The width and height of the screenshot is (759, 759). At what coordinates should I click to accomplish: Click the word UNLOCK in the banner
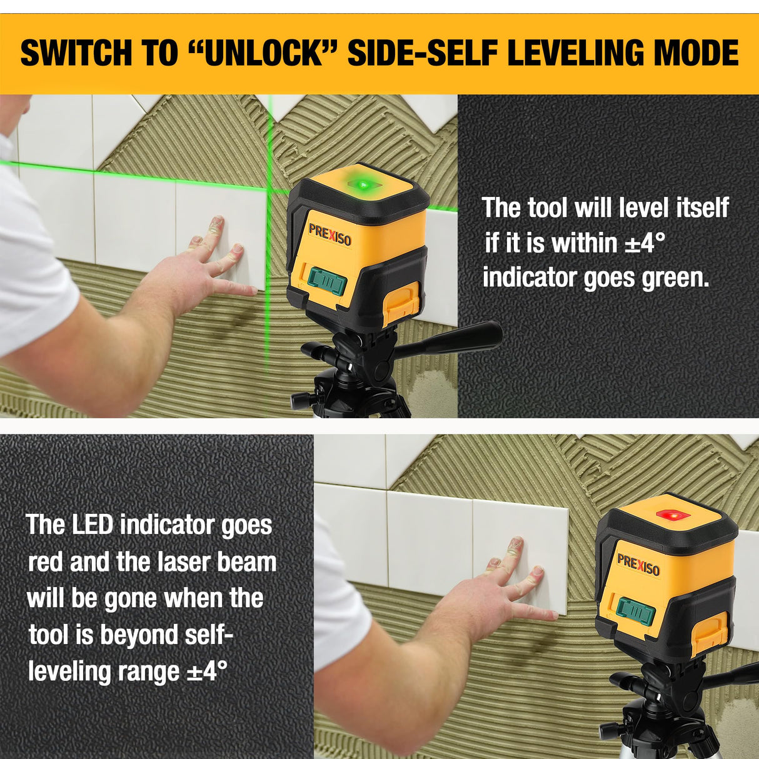click(263, 53)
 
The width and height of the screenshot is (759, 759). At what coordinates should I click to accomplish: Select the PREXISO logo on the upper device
click(329, 234)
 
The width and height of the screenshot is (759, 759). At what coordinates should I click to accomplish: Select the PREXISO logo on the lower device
click(638, 565)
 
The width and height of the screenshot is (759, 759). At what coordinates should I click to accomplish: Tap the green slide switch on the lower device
click(635, 611)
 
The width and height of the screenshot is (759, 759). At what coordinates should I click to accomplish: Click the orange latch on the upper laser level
click(401, 302)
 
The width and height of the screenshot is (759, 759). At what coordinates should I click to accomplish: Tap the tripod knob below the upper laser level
click(299, 398)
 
